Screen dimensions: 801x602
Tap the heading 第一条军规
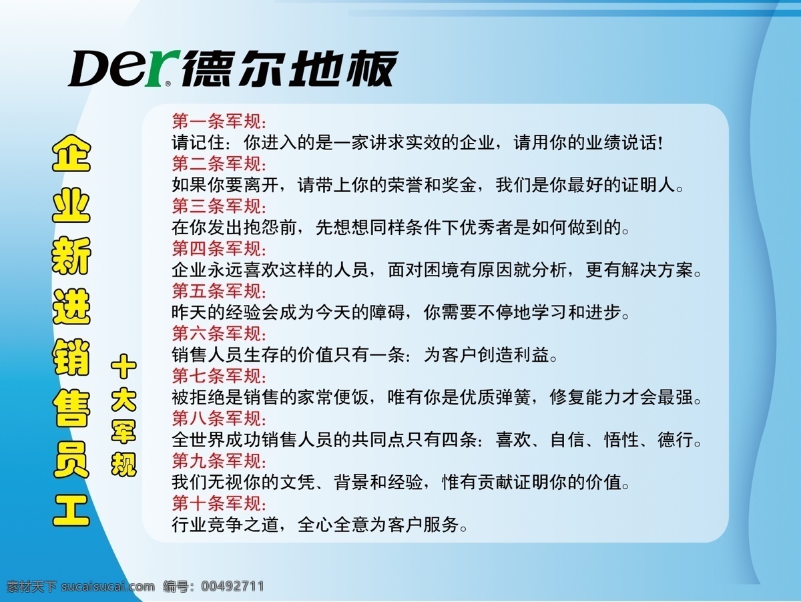pyautogui.click(x=219, y=121)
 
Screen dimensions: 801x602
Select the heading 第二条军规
pyautogui.click(x=219, y=164)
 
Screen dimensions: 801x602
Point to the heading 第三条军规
pyautogui.click(x=219, y=206)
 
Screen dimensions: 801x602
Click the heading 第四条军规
pyautogui.click(x=219, y=249)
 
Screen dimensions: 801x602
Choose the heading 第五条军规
pyautogui.click(x=219, y=291)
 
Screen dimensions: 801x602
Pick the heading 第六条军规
pyautogui.click(x=219, y=334)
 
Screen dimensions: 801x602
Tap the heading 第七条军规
pyautogui.click(x=219, y=376)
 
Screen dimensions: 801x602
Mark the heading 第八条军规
pyautogui.click(x=219, y=418)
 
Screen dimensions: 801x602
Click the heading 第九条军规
pyautogui.click(x=219, y=461)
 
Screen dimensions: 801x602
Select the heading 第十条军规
pyautogui.click(x=219, y=503)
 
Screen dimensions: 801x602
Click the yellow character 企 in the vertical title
pyautogui.click(x=71, y=154)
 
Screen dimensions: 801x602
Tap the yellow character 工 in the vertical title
pyautogui.click(x=71, y=510)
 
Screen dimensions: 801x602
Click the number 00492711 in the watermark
pyautogui.click(x=232, y=586)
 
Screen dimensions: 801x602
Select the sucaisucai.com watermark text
pyautogui.click(x=108, y=587)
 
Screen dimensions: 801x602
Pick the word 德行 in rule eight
pyautogui.click(x=675, y=440)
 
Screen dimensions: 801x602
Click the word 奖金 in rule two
pyautogui.click(x=459, y=185)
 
